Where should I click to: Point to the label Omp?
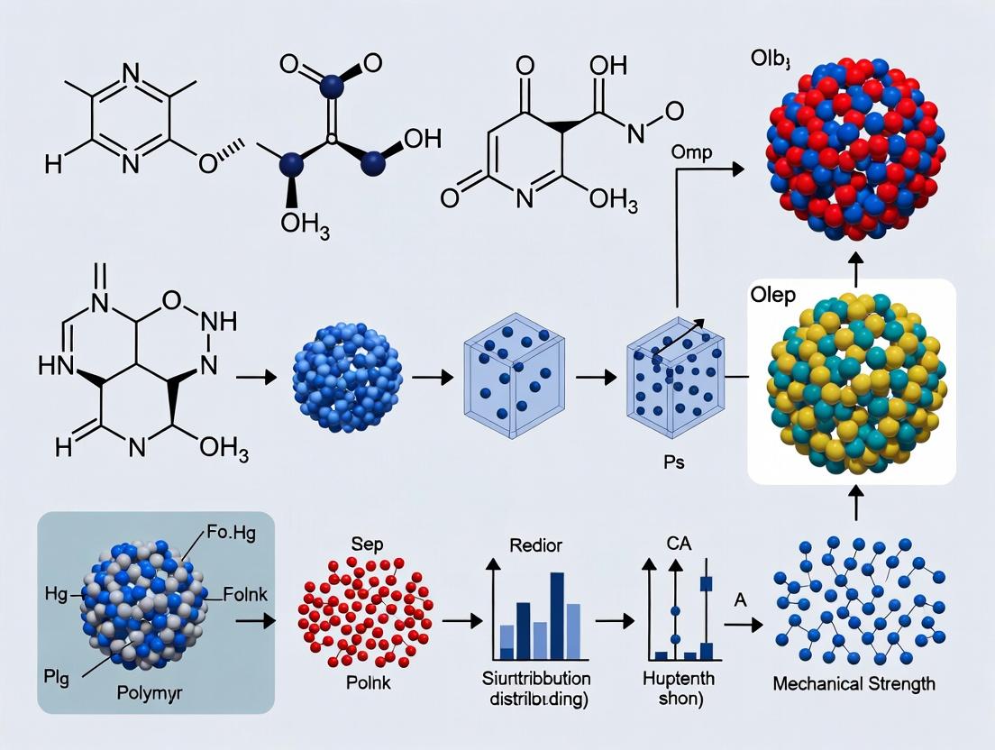[691, 152]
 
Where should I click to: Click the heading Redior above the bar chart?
[536, 544]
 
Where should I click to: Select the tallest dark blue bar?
[557, 614]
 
